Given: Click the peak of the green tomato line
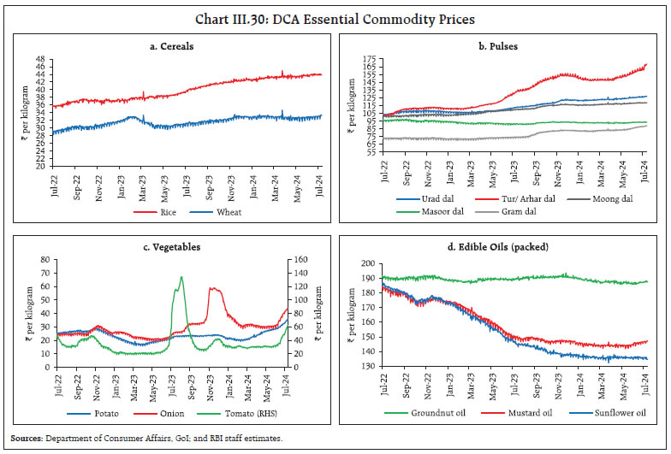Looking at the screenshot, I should click(x=181, y=277).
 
